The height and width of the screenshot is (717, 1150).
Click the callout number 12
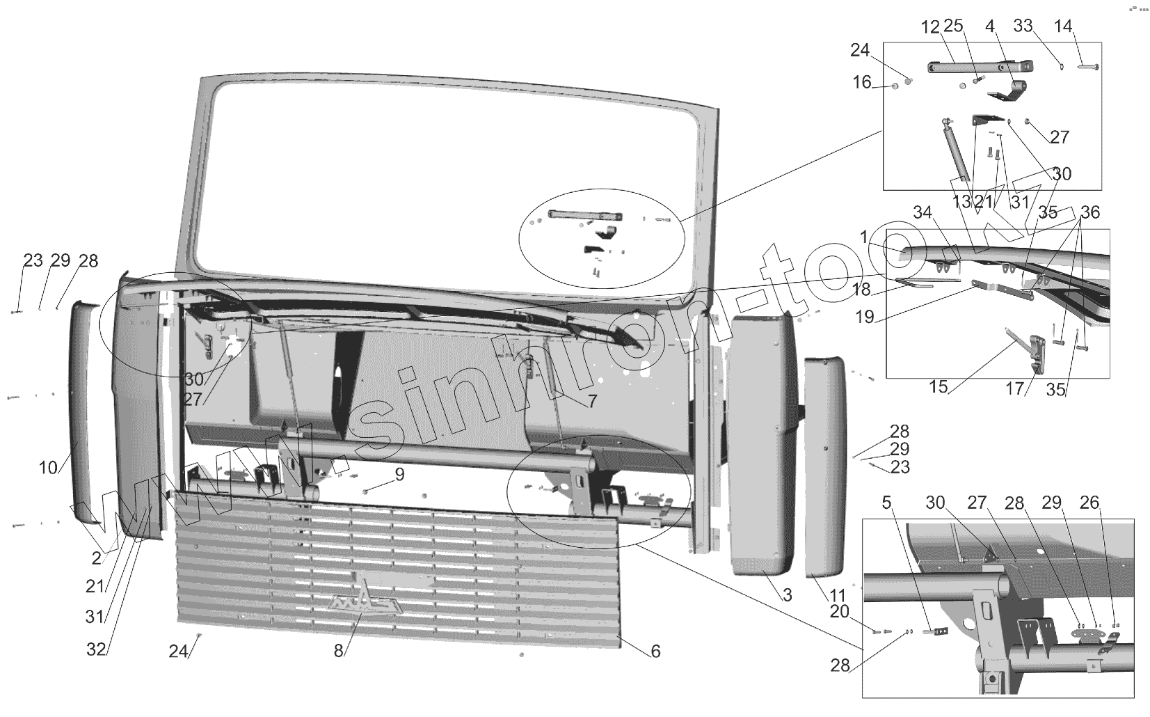pyautogui.click(x=930, y=27)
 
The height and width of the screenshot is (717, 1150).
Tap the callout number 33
pyautogui.click(x=1023, y=27)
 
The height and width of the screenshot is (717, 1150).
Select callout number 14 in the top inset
pyautogui.click(x=1063, y=27)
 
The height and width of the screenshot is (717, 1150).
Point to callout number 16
pyautogui.click(x=862, y=82)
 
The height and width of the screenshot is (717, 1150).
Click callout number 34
pyautogui.click(x=923, y=213)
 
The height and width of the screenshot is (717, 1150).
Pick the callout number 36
pyautogui.click(x=1090, y=212)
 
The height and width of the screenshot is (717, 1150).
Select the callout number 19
pyautogui.click(x=865, y=317)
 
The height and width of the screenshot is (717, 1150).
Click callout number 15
pyautogui.click(x=939, y=386)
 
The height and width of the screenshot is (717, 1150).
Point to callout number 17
pyautogui.click(x=1015, y=388)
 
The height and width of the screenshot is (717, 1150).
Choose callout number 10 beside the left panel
pyautogui.click(x=48, y=467)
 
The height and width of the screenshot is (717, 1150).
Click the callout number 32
pyautogui.click(x=96, y=649)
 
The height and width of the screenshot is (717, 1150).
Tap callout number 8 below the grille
pyautogui.click(x=339, y=651)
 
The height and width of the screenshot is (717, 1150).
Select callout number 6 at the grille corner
pyautogui.click(x=655, y=652)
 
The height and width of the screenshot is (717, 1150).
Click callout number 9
pyautogui.click(x=399, y=475)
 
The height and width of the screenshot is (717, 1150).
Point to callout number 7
pyautogui.click(x=592, y=400)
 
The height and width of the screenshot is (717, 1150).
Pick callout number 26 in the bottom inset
pyautogui.click(x=1089, y=503)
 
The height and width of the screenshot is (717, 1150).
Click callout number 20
pyautogui.click(x=840, y=610)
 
